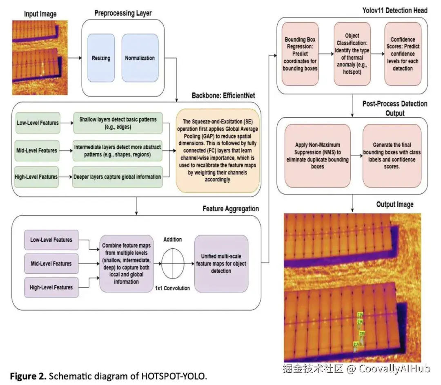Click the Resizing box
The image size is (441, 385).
point(101,58)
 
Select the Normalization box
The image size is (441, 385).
point(140,58)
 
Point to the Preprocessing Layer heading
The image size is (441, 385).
point(123,13)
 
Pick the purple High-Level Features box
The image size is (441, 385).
point(51,287)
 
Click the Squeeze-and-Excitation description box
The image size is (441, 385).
point(218,150)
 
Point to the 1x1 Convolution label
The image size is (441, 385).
point(172,288)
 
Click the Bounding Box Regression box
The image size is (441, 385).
point(300,54)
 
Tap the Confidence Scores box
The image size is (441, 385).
point(403,54)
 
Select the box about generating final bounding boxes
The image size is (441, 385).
point(392,155)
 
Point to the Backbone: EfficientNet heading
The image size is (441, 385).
point(224,96)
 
